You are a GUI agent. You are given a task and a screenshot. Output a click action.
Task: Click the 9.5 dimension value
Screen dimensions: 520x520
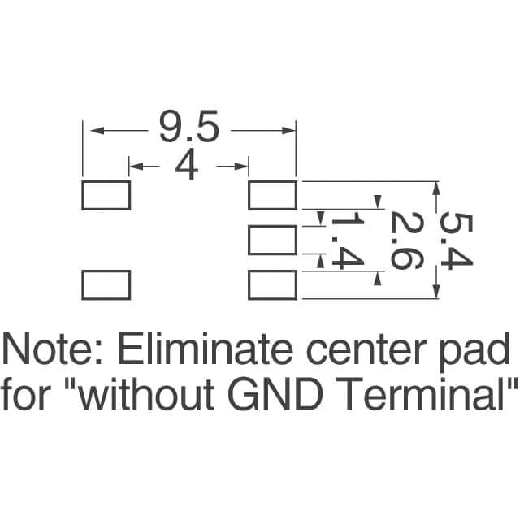[x=188, y=128]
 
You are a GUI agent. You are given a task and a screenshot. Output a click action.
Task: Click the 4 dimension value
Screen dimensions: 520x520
[x=188, y=167]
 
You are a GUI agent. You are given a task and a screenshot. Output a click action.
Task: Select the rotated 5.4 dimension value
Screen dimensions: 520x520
[x=456, y=240]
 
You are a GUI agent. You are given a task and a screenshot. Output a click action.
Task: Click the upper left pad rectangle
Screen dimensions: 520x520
[x=106, y=195]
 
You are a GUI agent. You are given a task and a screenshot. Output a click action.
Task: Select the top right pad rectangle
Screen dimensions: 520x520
[x=272, y=195]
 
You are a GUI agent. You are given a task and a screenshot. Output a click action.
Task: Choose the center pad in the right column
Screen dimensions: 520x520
[x=272, y=240]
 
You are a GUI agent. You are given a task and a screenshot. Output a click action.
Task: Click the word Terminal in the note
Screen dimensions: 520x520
[x=426, y=396]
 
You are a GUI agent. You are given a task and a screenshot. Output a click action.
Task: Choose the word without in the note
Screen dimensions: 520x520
[x=150, y=396]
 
